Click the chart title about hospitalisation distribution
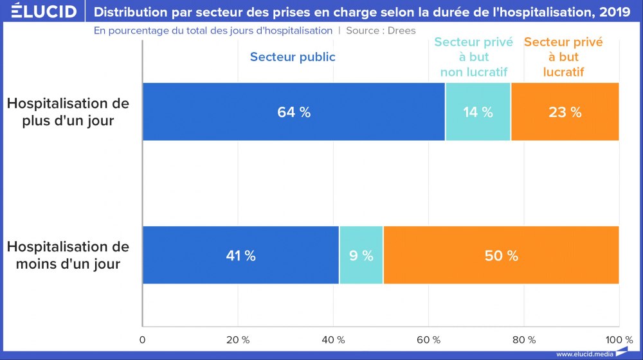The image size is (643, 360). point(362,12)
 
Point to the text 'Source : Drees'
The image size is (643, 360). point(381,30)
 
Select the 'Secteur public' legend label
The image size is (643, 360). point(293,57)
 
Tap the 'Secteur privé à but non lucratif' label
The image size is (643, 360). point(474,57)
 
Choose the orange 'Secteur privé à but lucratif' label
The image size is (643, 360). point(563,57)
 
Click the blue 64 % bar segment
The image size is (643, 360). point(294,112)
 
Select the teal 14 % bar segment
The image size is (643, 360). point(478,112)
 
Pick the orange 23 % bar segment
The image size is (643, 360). point(565,112)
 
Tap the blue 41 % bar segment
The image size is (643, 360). point(240,255)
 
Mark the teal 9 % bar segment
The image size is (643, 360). point(361,255)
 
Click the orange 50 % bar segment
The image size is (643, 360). point(501,255)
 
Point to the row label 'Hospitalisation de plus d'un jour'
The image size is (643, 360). point(68,112)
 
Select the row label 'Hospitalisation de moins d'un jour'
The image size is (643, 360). point(68,255)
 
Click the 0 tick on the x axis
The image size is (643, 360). point(143,339)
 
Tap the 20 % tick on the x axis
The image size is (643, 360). point(238,339)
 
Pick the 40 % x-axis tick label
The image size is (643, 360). point(333,339)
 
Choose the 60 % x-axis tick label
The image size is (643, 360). point(428,339)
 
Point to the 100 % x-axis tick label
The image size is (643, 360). point(619,339)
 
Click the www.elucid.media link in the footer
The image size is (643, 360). point(584,354)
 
